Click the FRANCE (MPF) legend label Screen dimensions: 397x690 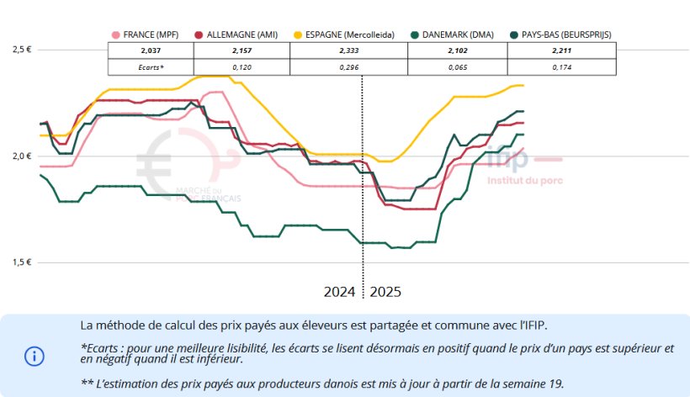[x=151, y=35]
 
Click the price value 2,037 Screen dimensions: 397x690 [x=151, y=50]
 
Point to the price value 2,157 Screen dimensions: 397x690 [x=241, y=50]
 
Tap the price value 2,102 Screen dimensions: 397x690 [x=457, y=50]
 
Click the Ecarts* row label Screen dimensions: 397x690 [x=151, y=66]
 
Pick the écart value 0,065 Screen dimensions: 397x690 [x=457, y=66]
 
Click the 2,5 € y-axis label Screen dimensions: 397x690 [x=22, y=50]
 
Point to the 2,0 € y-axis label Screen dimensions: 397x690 [x=22, y=156]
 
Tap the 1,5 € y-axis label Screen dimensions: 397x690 [x=22, y=262]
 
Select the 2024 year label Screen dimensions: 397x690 [x=340, y=293]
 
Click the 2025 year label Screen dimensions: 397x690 [x=386, y=293]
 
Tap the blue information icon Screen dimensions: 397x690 [x=34, y=356]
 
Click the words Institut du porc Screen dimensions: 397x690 [x=524, y=179]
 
